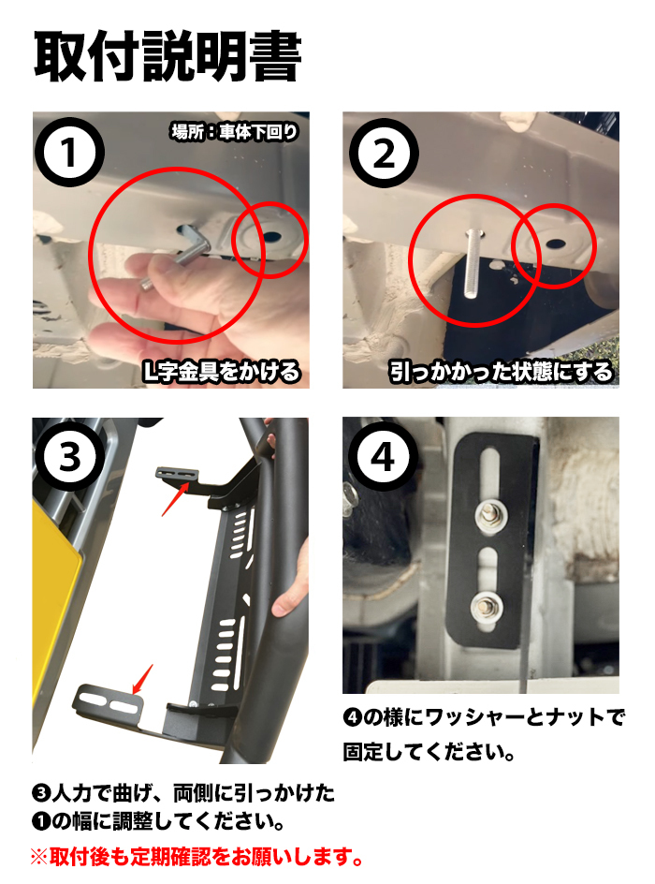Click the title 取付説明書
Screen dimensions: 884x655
pos(167,57)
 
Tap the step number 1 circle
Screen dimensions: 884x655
pos(67,155)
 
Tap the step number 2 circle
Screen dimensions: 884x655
pos(385,155)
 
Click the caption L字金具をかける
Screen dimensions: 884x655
pos(221,372)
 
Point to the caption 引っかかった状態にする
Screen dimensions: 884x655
pos(502,372)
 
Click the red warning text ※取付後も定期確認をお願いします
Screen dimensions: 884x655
pos(196,856)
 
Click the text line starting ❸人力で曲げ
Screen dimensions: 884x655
pos(182,794)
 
